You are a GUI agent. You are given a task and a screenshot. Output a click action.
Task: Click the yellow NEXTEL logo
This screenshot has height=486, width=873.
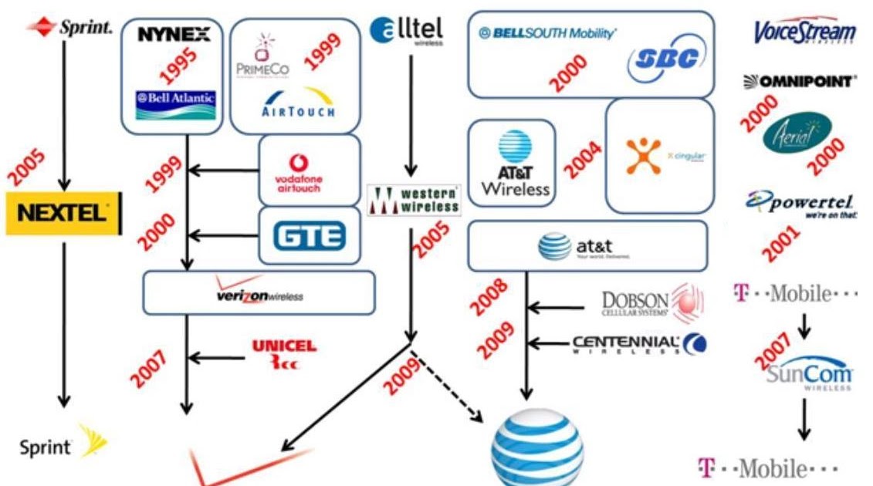coord(63,213)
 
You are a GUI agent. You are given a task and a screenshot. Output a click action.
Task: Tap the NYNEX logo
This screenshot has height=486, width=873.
coord(173,35)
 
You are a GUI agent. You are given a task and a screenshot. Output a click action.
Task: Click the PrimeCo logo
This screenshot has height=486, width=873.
coord(262,57)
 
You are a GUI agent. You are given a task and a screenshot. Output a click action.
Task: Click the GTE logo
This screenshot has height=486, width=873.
coord(308,235)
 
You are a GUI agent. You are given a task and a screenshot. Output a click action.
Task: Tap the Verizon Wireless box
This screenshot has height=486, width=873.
coord(259,292)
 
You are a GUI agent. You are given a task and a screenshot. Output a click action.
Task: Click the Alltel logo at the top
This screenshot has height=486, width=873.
coord(406,30)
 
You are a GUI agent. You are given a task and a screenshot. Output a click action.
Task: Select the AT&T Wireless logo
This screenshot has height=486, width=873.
coord(515,163)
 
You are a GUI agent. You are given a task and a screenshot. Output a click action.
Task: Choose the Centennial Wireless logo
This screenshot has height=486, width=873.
coord(639,344)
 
